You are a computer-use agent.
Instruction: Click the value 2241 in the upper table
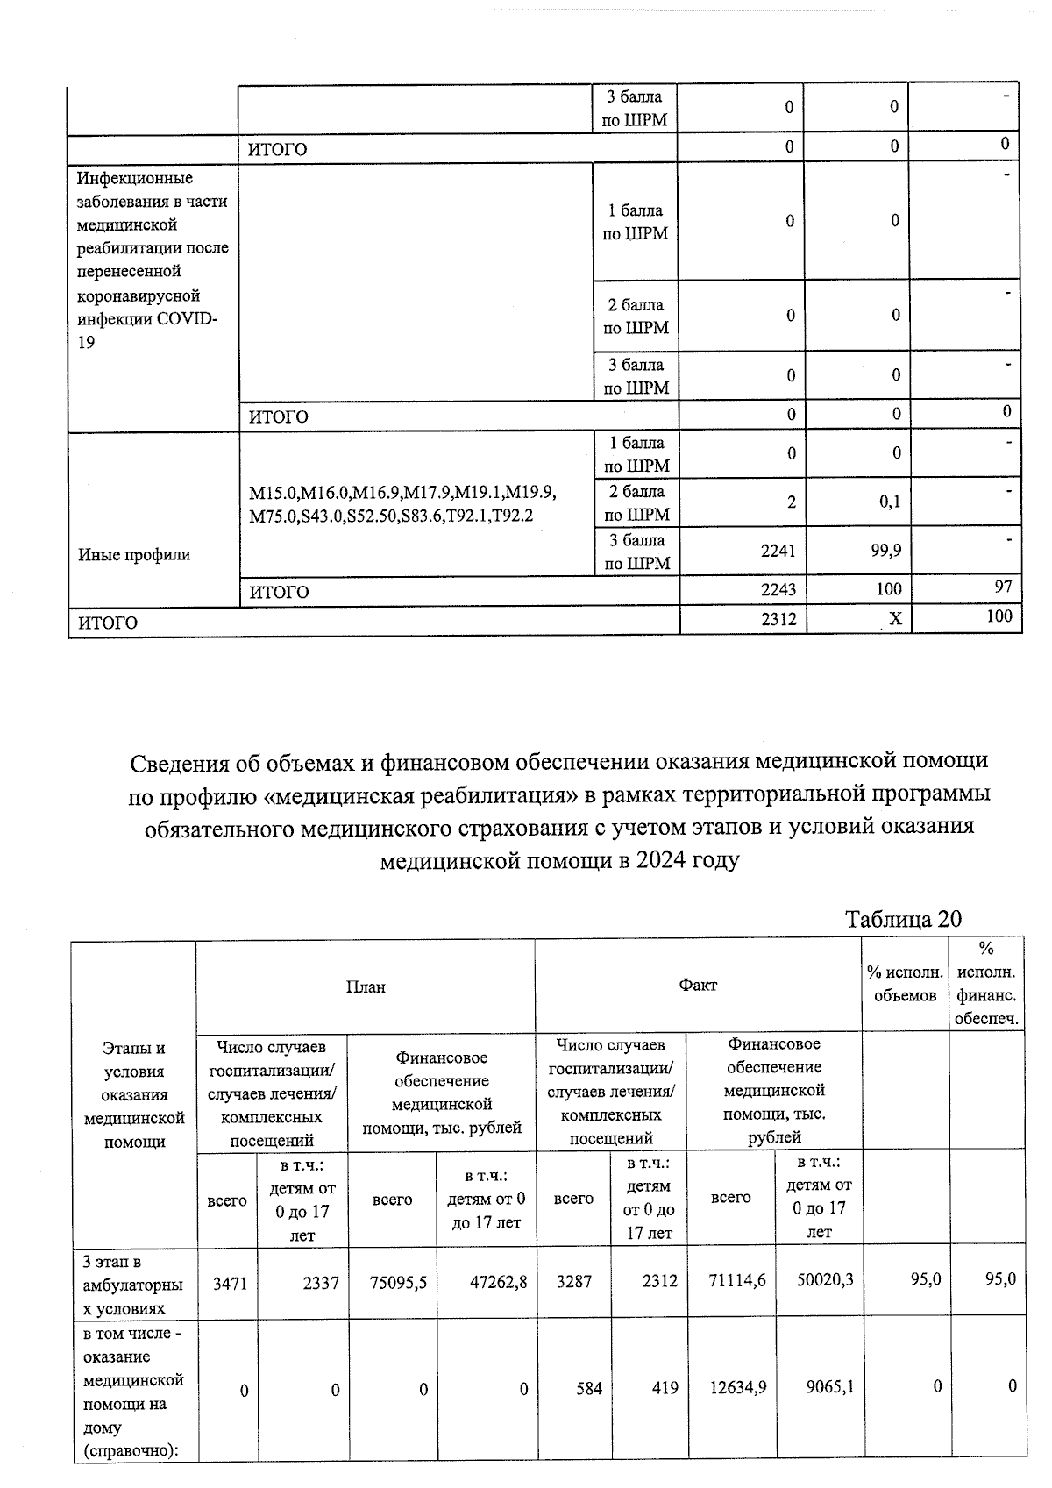pos(778,551)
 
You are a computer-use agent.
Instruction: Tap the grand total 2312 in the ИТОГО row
pos(778,619)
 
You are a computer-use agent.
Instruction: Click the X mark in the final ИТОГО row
pos(895,619)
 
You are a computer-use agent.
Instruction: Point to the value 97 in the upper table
pos(1003,586)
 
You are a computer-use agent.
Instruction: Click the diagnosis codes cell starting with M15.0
pos(403,504)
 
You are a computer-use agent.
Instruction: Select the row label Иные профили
pos(134,554)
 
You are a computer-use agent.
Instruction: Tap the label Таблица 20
pos(903,919)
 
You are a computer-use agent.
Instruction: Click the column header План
pos(366,986)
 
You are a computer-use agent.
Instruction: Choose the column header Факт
pos(698,985)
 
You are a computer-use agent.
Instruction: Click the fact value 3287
pos(575,1281)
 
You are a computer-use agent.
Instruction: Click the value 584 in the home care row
pos(589,1388)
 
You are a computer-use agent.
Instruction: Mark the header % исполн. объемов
pos(905,984)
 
